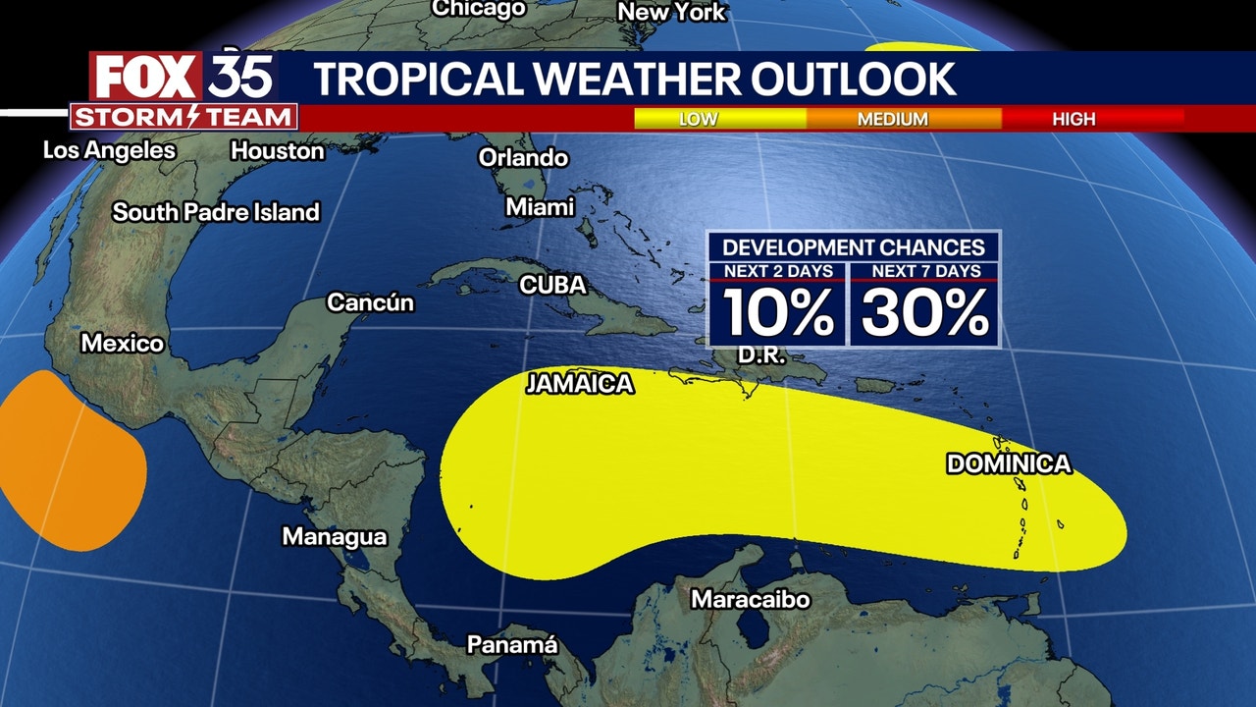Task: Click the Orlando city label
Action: click(x=523, y=157)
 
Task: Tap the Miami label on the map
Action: click(x=540, y=207)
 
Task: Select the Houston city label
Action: click(x=277, y=151)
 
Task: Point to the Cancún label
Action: click(x=370, y=302)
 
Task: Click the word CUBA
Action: click(x=552, y=285)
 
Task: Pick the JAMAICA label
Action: click(x=579, y=384)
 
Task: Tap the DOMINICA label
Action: click(x=1008, y=464)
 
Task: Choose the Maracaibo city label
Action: click(x=750, y=599)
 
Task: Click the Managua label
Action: click(x=334, y=537)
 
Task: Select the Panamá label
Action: click(x=511, y=645)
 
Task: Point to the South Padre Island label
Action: click(x=216, y=212)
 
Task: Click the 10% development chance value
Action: click(x=779, y=313)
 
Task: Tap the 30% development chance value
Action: click(x=924, y=313)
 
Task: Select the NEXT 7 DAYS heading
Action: click(x=923, y=271)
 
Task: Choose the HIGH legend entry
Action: click(x=1073, y=119)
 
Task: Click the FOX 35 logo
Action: click(x=183, y=78)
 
